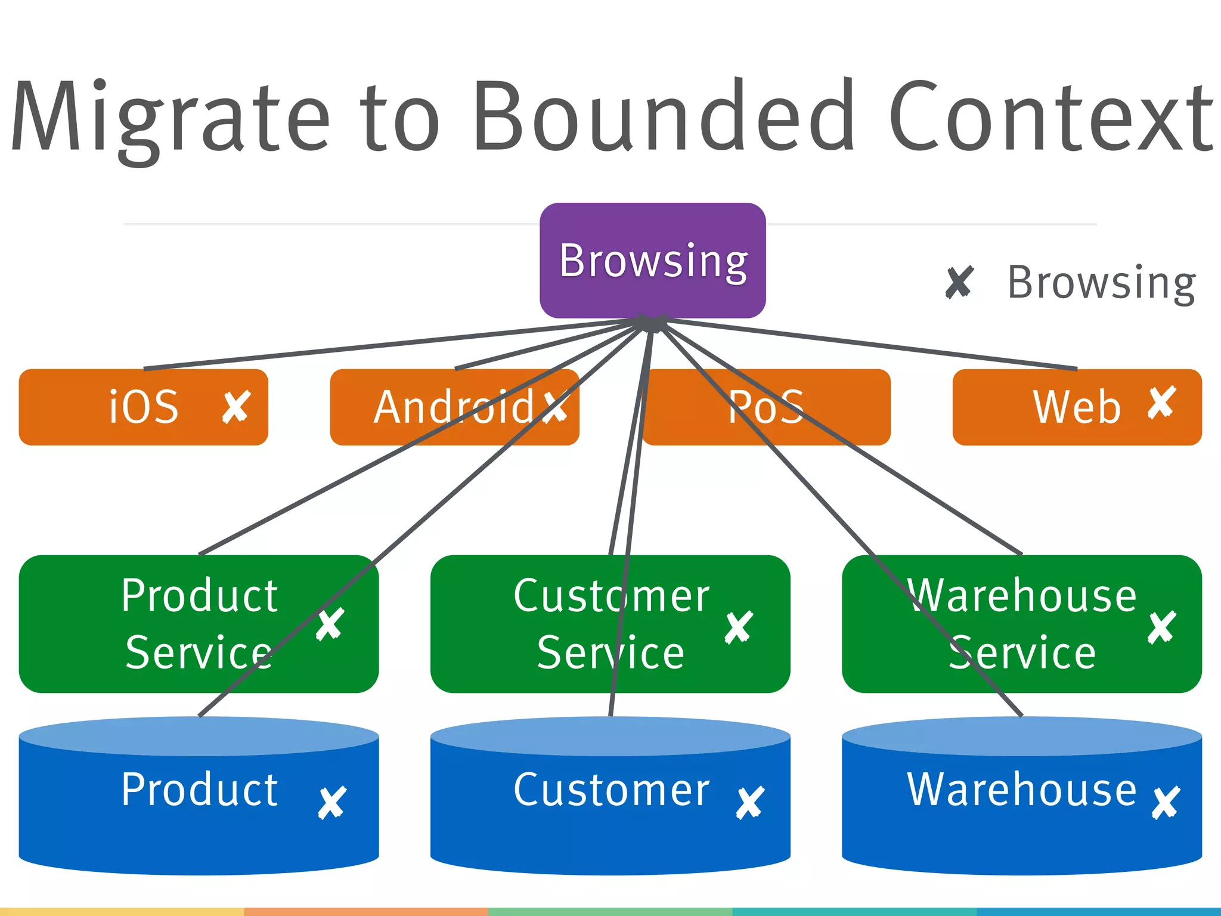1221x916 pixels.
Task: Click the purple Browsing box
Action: tap(652, 261)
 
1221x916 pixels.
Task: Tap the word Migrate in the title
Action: tap(170, 116)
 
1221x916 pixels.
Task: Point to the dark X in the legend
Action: tap(959, 282)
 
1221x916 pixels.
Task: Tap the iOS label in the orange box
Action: tap(144, 407)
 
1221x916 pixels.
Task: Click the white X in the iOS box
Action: tap(236, 407)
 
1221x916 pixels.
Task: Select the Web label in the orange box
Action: tap(1077, 407)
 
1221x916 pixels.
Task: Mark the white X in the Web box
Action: tap(1161, 403)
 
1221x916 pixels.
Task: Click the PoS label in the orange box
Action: tap(766, 407)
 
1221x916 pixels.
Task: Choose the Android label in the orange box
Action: tap(453, 407)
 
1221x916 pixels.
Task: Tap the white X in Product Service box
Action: tap(330, 624)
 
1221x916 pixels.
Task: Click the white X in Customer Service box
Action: tap(739, 627)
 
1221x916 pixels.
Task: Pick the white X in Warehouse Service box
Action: tap(1161, 627)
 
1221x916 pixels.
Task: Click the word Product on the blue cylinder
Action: tap(199, 790)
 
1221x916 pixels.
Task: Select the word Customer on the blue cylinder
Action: tap(611, 790)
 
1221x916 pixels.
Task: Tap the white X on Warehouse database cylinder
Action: tap(1166, 802)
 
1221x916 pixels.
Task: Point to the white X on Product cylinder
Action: tap(332, 802)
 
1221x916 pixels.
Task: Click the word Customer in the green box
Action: tap(611, 595)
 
